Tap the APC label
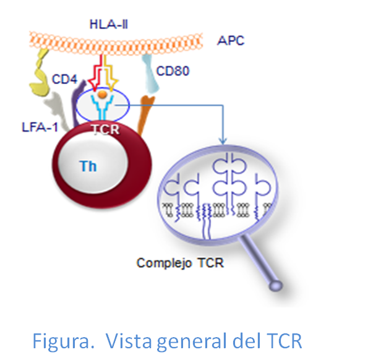[231, 41]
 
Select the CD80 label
[173, 72]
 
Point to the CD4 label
[64, 80]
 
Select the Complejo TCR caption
[180, 263]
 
